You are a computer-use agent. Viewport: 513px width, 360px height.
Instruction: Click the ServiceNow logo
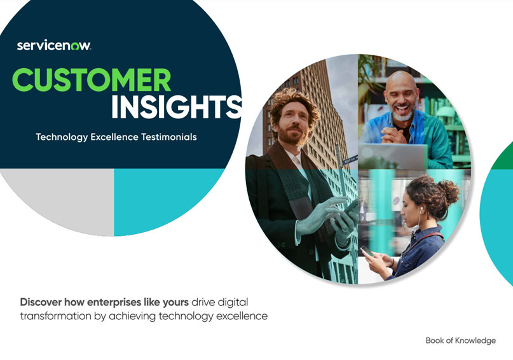point(54,45)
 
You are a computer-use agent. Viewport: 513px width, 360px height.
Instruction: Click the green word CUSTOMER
point(92,80)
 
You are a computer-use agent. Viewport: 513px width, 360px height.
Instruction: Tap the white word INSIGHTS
point(177,107)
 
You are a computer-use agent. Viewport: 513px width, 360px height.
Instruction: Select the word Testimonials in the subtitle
point(169,137)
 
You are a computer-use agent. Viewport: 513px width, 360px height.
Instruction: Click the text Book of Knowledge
point(461,340)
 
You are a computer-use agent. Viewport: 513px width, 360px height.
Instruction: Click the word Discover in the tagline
point(41,301)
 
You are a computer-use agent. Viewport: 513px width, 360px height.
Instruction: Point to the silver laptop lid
point(393,156)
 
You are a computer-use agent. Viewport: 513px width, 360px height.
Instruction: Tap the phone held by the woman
point(367,251)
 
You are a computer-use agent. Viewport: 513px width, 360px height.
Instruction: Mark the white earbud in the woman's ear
point(421,209)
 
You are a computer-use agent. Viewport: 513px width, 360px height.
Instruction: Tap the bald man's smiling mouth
point(402,107)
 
